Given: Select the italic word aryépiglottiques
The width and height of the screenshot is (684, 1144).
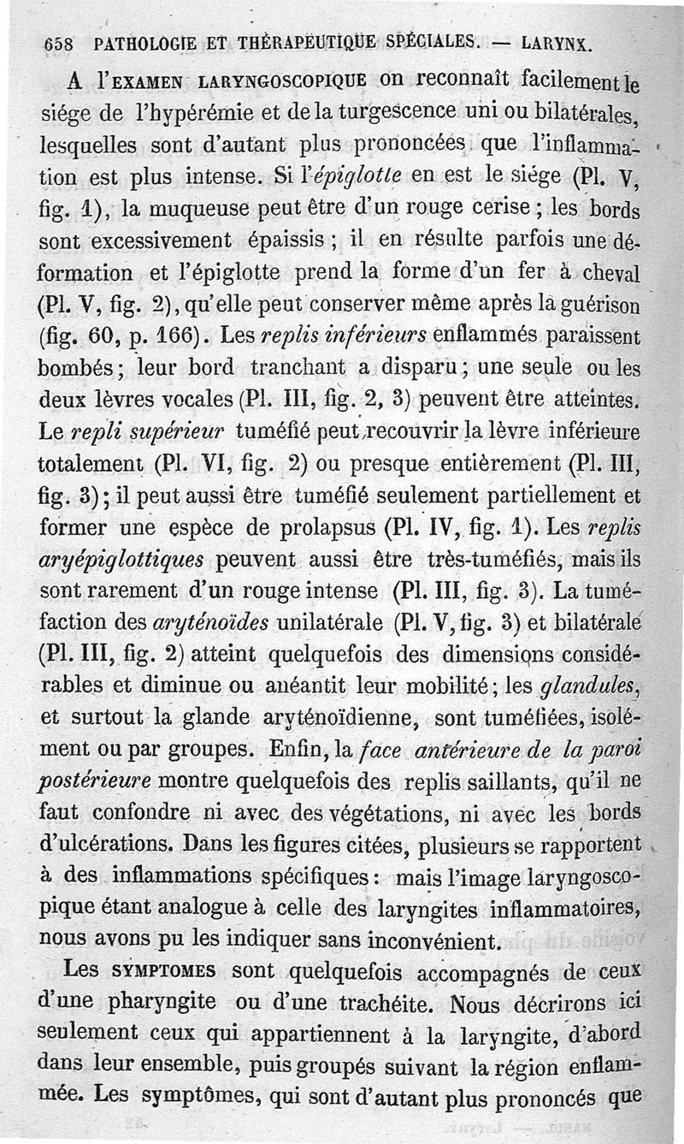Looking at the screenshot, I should [x=121, y=559].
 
